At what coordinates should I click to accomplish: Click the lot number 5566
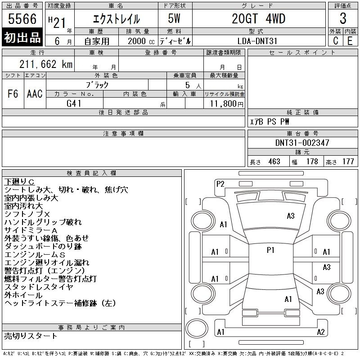[x=22, y=18]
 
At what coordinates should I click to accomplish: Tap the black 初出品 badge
[x=22, y=37]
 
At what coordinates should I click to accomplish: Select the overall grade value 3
[x=343, y=18]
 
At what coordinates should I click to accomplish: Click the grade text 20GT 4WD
[x=258, y=18]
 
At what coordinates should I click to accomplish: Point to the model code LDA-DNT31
[x=257, y=41]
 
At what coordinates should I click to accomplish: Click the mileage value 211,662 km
[x=46, y=64]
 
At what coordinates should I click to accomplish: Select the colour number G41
[x=74, y=103]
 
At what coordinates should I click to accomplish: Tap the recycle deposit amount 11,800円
[x=226, y=104]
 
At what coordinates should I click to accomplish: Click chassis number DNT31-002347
[x=302, y=143]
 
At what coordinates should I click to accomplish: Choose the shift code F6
[x=13, y=94]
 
